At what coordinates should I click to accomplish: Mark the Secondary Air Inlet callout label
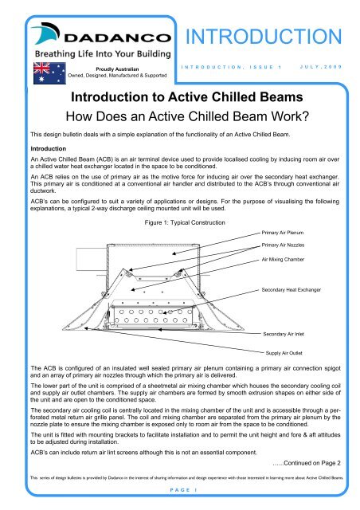tap(288, 336)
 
